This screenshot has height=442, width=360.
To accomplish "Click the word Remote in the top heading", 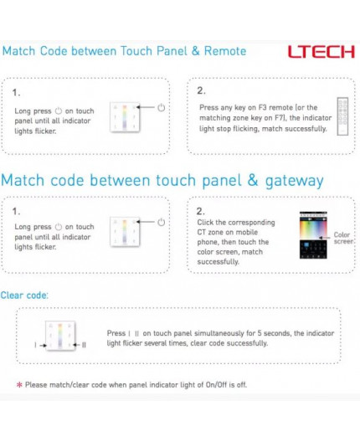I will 224,51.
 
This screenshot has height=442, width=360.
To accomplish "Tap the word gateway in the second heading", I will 290,180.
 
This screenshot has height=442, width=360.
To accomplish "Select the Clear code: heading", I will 24,296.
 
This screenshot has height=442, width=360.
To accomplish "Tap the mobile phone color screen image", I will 311,239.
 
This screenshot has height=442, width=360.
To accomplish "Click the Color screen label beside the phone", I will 343,239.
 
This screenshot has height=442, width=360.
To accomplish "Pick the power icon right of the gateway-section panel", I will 161,222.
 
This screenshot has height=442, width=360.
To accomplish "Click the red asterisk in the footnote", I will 19,385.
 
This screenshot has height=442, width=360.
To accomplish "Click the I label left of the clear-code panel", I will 34,344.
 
